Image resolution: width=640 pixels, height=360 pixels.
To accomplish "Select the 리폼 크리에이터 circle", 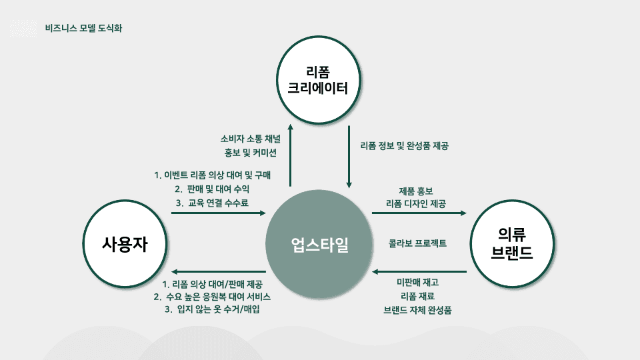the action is point(319,81).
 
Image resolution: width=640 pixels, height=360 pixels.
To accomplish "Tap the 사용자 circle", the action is point(125,245).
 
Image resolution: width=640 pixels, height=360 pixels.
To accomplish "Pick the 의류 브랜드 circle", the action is point(512,243).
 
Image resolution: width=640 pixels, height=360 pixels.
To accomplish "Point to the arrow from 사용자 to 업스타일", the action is point(218,213).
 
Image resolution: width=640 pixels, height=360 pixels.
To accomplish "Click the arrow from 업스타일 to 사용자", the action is point(218,271).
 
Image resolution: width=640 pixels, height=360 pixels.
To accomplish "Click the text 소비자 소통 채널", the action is point(251,139).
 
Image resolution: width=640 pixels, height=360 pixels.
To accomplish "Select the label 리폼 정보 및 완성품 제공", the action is point(404,146).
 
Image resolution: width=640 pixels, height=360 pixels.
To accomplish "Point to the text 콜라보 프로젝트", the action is point(418,243).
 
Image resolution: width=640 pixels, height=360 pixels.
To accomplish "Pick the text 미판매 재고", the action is point(418,283).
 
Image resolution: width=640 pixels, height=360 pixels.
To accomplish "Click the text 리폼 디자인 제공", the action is point(416,203).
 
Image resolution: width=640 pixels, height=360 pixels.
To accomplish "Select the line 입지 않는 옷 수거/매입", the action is point(211,309).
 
